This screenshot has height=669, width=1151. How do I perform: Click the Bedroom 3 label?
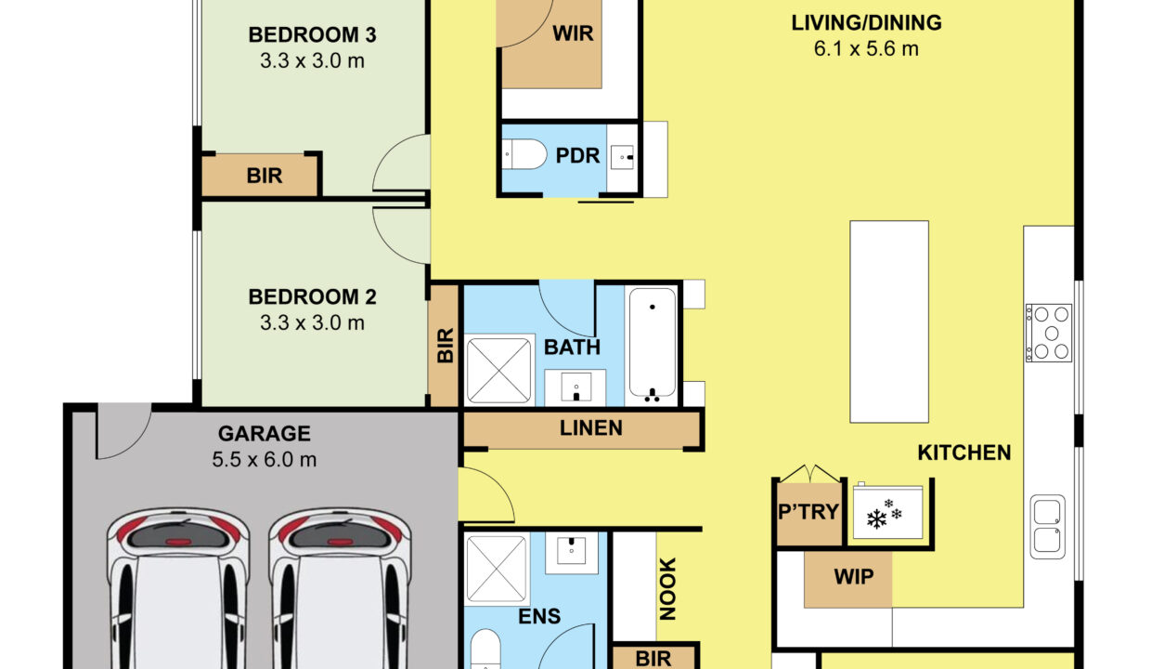pos(313,35)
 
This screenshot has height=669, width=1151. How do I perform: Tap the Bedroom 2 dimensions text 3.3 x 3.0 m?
pos(313,323)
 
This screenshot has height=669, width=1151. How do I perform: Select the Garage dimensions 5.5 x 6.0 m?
pos(265,459)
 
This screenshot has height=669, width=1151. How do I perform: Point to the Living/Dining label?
pos(866,22)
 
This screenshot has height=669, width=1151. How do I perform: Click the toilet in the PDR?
pos(524,154)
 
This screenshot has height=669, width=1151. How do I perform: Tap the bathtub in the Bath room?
pos(652,345)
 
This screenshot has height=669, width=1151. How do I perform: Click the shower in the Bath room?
pos(499,370)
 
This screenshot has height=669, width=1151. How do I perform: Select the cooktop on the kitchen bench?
pos(1049,334)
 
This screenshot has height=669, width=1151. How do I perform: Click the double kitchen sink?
pos(1048,527)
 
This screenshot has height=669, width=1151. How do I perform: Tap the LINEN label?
pos(591,427)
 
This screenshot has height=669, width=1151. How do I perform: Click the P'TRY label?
pos(808,512)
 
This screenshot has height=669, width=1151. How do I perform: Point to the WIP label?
pos(853,577)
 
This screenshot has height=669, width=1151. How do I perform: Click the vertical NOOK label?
pos(667,589)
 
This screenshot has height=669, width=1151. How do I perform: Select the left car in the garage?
pos(178,589)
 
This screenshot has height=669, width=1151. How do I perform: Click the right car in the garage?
pos(340,589)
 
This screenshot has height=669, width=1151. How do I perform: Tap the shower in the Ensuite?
pos(497,569)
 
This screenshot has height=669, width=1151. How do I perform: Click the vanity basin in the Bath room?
pos(575,387)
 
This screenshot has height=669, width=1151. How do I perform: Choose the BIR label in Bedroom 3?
pos(265,176)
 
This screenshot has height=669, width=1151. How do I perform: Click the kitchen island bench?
pos(889,321)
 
